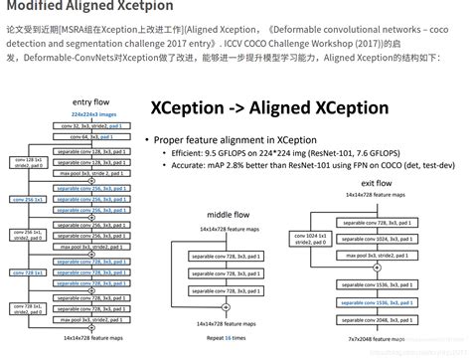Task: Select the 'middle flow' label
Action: pos(228,213)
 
